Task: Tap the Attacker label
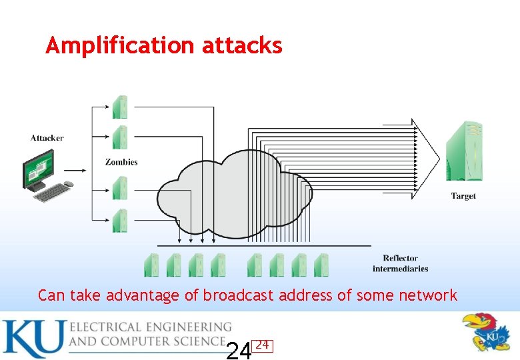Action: [x=47, y=138]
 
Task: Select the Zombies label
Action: [x=121, y=162]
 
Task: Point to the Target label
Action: [x=463, y=196]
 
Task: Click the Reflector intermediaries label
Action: [x=400, y=263]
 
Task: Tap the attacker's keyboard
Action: [x=53, y=192]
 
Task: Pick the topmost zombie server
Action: [x=120, y=107]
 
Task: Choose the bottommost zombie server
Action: [x=120, y=220]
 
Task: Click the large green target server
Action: [x=464, y=152]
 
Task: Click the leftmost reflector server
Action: [x=152, y=265]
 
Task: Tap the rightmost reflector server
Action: [x=321, y=265]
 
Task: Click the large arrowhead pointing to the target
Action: [x=425, y=159]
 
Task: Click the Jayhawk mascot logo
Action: [x=488, y=331]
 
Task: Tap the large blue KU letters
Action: [x=33, y=338]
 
